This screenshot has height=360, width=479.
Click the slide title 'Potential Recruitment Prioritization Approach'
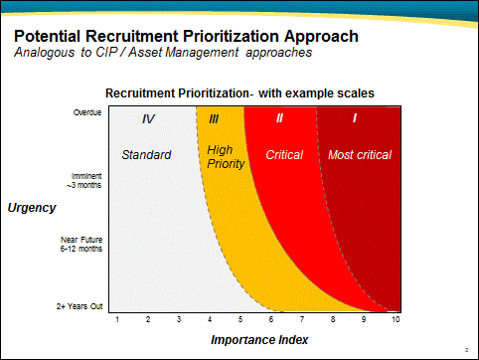[186, 37]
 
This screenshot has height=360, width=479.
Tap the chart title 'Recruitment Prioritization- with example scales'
[239, 92]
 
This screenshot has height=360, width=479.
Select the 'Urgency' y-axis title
[32, 208]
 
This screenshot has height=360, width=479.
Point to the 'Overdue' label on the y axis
[87, 112]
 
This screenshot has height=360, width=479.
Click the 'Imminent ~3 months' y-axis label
[84, 180]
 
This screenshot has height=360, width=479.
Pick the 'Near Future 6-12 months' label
[81, 245]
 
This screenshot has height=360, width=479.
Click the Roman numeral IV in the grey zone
[148, 119]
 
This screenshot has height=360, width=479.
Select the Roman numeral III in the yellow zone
[214, 119]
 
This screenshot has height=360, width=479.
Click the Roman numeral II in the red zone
[279, 119]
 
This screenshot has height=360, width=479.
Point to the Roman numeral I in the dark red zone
[355, 119]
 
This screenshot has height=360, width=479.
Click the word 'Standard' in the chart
[146, 155]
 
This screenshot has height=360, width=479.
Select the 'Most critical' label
[360, 155]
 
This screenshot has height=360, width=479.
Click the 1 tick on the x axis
[117, 318]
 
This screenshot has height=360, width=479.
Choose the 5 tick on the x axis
[240, 318]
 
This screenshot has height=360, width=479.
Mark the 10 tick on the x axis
[396, 318]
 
